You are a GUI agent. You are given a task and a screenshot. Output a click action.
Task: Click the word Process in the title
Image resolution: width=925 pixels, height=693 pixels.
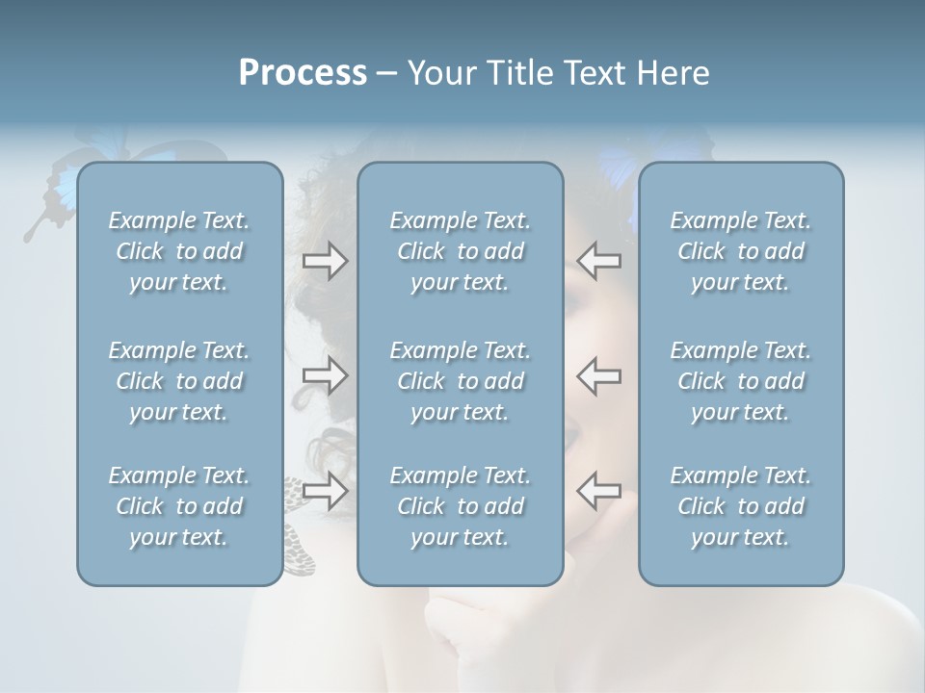pyautogui.click(x=303, y=72)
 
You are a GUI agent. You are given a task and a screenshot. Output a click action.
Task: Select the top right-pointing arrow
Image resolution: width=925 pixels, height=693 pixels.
pyautogui.click(x=325, y=261)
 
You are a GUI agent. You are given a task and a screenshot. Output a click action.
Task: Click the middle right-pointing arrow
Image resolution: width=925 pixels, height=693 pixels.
pyautogui.click(x=325, y=375)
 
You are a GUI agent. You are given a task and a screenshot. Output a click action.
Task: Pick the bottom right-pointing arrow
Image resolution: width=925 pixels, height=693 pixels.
pyautogui.click(x=325, y=490)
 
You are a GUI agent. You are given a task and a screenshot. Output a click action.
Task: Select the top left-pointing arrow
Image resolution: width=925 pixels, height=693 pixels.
pyautogui.click(x=598, y=261)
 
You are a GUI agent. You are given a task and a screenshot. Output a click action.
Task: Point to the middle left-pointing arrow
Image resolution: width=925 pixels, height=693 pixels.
pyautogui.click(x=598, y=375)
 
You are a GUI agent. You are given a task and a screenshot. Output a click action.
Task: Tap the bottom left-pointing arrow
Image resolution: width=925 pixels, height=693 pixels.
pyautogui.click(x=598, y=490)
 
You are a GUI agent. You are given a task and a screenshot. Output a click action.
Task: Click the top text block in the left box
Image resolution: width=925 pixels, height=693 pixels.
pyautogui.click(x=179, y=251)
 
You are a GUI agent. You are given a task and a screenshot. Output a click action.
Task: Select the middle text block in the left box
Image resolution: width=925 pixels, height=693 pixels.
pyautogui.click(x=179, y=381)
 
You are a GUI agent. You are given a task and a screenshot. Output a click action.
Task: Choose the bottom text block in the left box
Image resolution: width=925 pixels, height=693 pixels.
pyautogui.click(x=179, y=506)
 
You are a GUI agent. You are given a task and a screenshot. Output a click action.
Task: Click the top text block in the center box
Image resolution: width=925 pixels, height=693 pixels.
pyautogui.click(x=460, y=251)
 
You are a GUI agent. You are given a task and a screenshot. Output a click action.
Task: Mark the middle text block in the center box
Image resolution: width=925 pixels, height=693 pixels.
pyautogui.click(x=460, y=381)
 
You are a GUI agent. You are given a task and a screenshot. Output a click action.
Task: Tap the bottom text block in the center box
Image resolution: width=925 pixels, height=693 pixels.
pyautogui.click(x=460, y=506)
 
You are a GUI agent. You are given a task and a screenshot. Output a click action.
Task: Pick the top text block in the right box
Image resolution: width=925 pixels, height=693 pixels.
pyautogui.click(x=740, y=251)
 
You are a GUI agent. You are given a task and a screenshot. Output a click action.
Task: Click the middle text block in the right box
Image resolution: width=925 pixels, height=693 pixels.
pyautogui.click(x=740, y=381)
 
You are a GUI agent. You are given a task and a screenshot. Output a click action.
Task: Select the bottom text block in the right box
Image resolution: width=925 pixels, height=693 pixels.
pyautogui.click(x=740, y=506)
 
